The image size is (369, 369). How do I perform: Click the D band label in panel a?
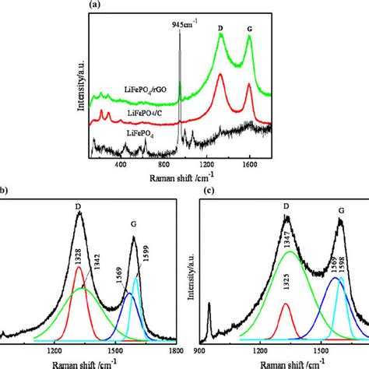click(220, 30)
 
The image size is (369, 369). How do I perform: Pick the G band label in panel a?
click(250, 30)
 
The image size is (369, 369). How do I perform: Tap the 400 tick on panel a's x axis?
click(120, 165)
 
